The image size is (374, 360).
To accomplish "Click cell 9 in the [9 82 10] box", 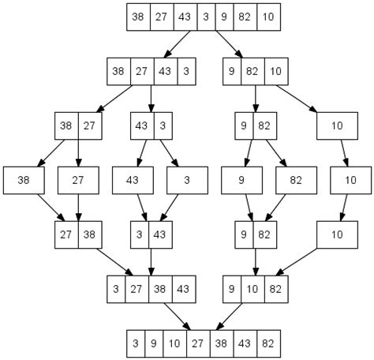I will pyautogui.click(x=234, y=71).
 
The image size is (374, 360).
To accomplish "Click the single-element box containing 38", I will pyautogui.click(x=23, y=180).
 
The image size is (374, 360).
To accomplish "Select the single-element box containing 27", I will pyautogui.click(x=77, y=180).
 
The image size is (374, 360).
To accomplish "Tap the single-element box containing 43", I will pyautogui.click(x=132, y=180).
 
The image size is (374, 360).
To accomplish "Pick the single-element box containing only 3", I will pyautogui.click(x=186, y=180).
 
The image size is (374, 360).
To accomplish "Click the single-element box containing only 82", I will pyautogui.click(x=295, y=180).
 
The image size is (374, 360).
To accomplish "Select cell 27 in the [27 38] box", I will pyautogui.click(x=66, y=234).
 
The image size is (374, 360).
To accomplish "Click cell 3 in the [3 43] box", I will pyautogui.click(x=140, y=234).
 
